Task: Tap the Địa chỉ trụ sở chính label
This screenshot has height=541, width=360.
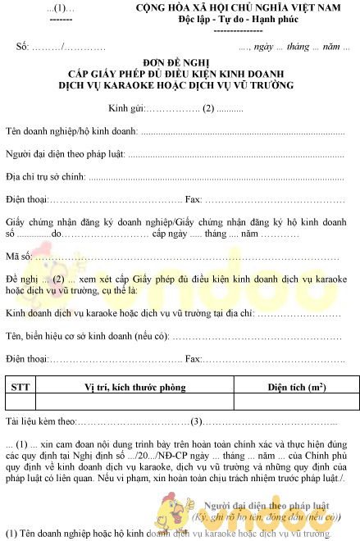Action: [46, 176]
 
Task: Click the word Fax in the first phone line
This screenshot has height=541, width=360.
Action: [194, 199]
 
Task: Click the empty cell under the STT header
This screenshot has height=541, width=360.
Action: [19, 402]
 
